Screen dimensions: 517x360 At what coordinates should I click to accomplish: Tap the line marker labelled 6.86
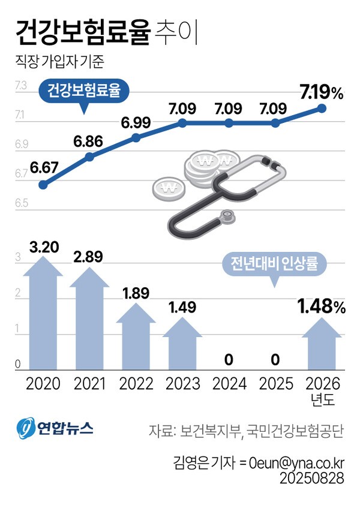pyautogui.click(x=89, y=157)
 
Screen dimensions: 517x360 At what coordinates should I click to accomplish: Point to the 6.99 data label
pyautogui.click(x=136, y=122)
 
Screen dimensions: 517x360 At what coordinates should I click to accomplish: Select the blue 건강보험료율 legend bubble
pyautogui.click(x=84, y=92)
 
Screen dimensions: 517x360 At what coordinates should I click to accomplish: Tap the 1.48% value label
pyautogui.click(x=321, y=308)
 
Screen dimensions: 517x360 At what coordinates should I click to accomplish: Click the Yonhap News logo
pyautogui.click(x=55, y=428)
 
